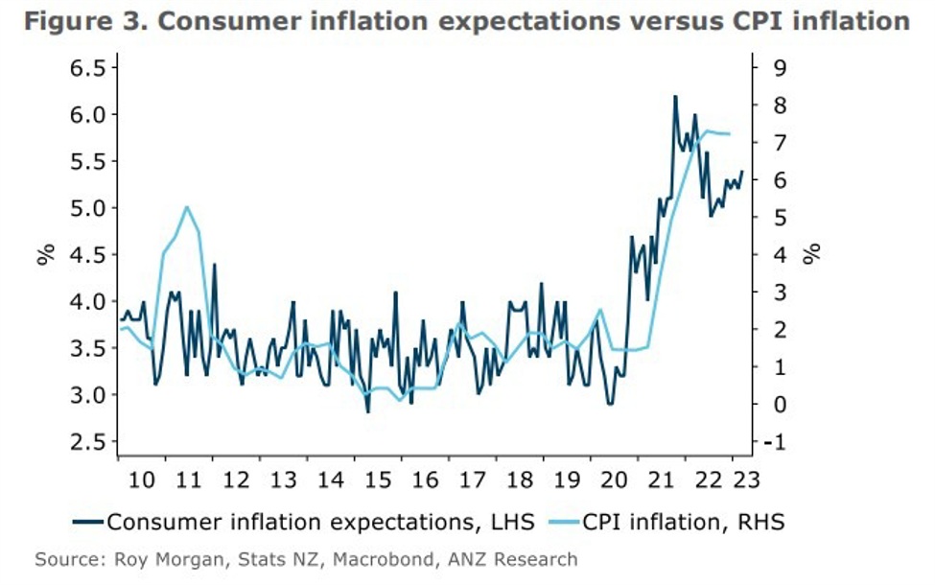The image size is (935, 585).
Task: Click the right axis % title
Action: (x=812, y=254)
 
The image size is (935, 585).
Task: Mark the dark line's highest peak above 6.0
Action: (x=675, y=96)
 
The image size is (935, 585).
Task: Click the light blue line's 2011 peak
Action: (x=187, y=206)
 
